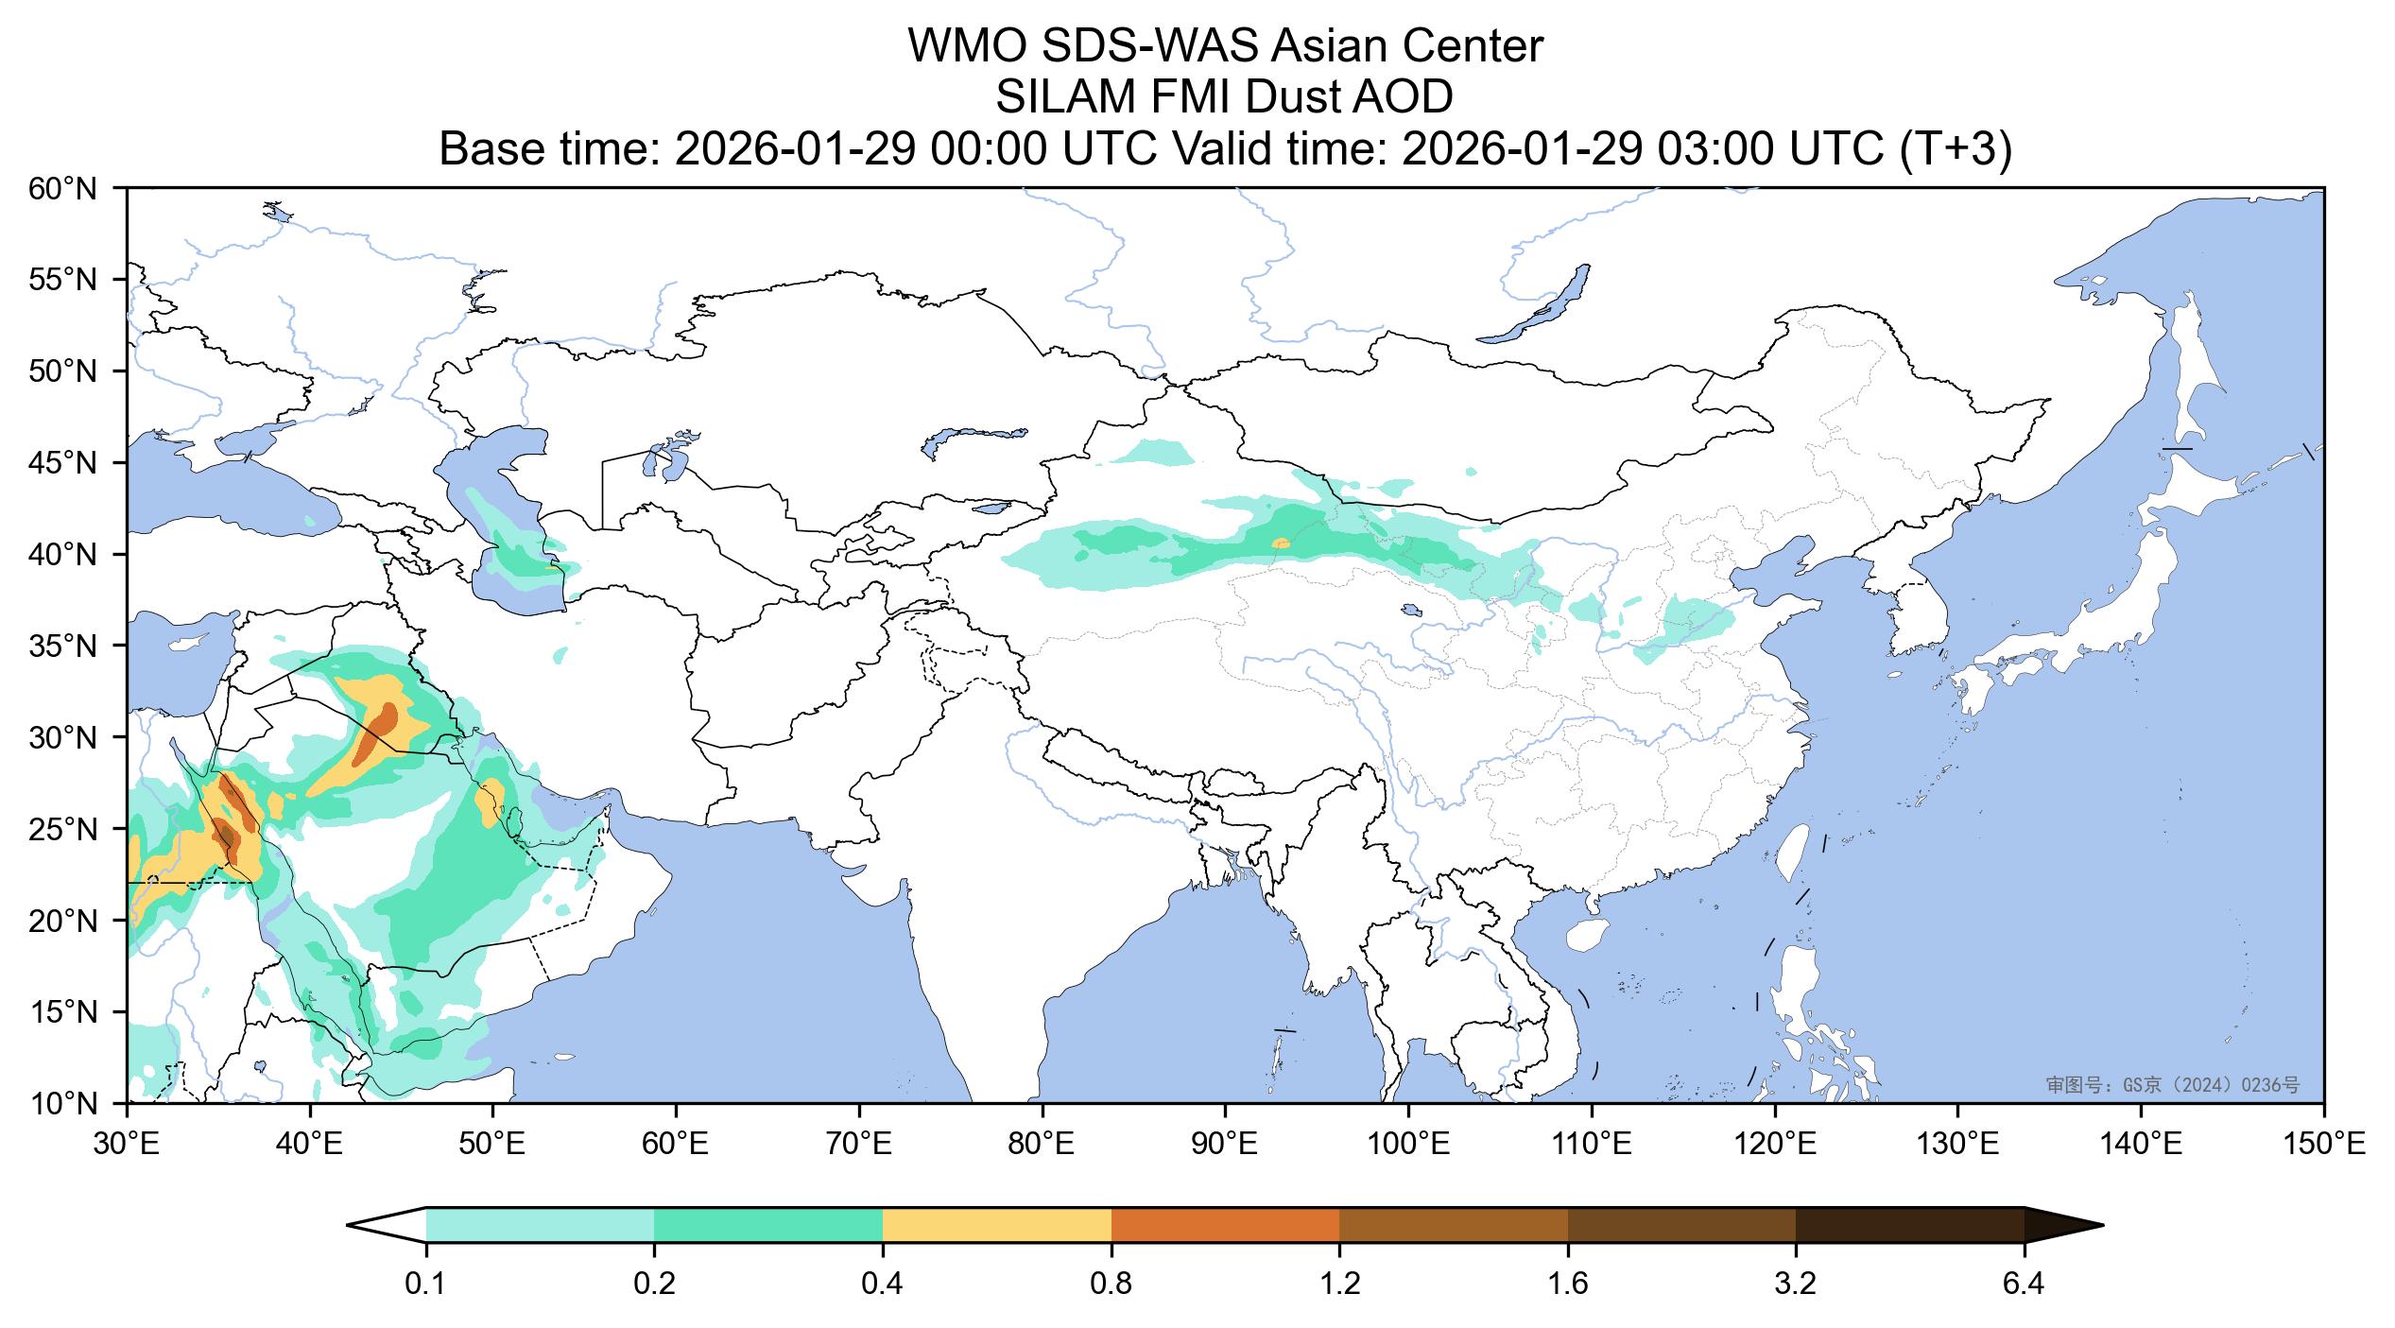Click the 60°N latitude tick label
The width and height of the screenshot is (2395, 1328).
[63, 189]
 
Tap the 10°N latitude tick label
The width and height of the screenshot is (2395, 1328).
[63, 1104]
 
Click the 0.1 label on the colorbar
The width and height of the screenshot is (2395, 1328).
[426, 1285]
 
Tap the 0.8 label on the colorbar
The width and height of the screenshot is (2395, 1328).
[1111, 1285]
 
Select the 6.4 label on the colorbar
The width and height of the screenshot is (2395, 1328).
[2024, 1285]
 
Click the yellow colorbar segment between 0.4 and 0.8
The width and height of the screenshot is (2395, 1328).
[997, 1225]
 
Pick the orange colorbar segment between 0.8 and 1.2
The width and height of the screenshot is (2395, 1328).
[1225, 1225]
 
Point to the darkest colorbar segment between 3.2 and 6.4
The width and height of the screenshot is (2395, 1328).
[1909, 1225]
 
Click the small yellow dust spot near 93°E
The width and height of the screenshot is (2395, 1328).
[1281, 543]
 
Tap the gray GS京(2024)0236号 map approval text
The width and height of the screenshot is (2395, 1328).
[2173, 1085]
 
